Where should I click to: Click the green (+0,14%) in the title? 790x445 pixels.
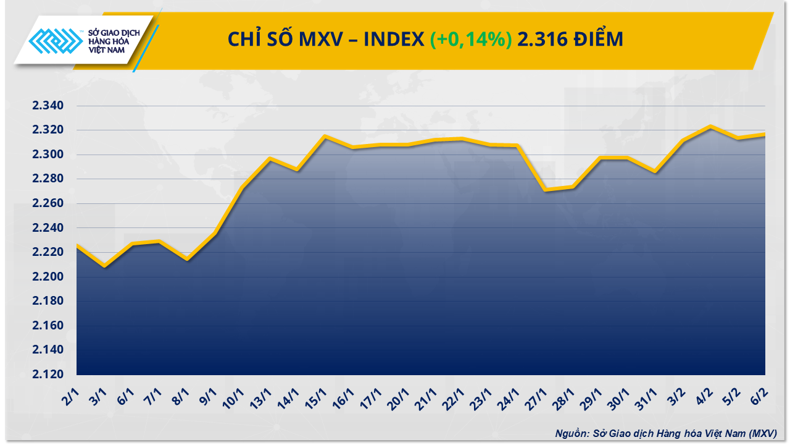click(x=471, y=39)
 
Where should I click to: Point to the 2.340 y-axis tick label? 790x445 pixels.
click(x=48, y=106)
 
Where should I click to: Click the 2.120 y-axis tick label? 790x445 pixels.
click(x=48, y=375)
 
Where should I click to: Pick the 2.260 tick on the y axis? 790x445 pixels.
click(x=48, y=203)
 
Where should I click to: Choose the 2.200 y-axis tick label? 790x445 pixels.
click(x=48, y=277)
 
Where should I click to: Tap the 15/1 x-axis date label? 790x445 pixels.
click(x=318, y=396)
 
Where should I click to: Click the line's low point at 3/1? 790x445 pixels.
click(x=104, y=266)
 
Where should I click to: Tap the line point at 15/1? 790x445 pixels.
click(x=325, y=136)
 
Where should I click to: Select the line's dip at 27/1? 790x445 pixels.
click(x=546, y=190)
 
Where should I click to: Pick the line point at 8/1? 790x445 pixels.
click(x=187, y=259)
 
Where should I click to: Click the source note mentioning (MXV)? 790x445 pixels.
click(x=665, y=433)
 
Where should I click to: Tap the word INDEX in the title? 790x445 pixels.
click(x=393, y=39)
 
